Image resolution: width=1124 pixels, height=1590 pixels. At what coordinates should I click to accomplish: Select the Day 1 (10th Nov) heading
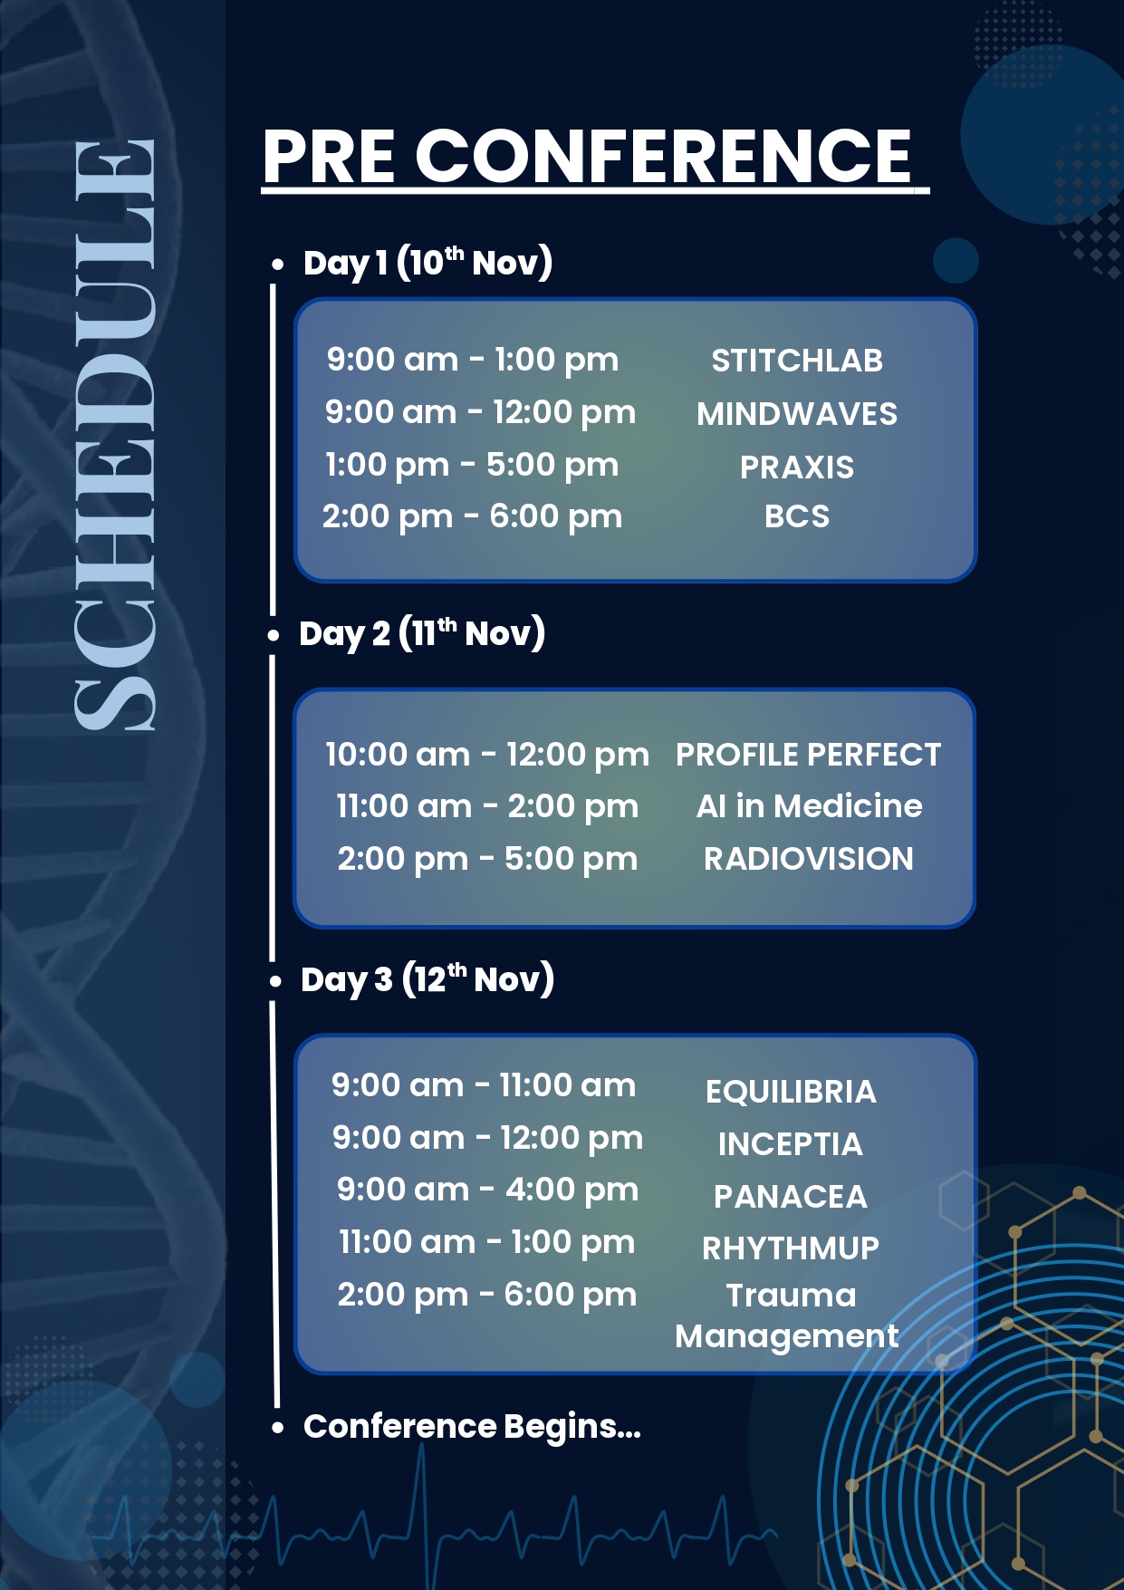tap(428, 263)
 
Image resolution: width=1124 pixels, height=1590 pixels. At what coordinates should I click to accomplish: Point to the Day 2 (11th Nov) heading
tap(422, 633)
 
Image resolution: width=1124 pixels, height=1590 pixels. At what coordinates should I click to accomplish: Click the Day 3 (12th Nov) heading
tap(428, 979)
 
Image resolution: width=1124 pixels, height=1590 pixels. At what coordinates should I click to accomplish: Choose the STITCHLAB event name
tap(797, 361)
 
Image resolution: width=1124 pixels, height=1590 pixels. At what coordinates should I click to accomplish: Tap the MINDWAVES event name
tap(797, 414)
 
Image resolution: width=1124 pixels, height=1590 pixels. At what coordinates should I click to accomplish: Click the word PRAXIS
tap(797, 467)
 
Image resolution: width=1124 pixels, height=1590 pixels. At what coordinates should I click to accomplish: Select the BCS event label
tap(797, 516)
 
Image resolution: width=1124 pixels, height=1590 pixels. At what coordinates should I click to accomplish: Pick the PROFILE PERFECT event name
tap(809, 755)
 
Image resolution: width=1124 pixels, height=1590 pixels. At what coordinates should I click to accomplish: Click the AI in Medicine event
tap(809, 806)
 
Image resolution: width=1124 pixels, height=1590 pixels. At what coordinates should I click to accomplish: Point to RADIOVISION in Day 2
tap(809, 859)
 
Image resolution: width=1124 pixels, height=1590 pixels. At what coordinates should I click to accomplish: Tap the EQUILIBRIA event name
tap(791, 1092)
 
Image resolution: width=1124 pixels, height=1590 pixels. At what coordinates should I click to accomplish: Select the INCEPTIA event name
tap(791, 1144)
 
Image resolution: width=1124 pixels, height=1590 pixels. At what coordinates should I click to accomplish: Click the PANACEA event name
tap(791, 1197)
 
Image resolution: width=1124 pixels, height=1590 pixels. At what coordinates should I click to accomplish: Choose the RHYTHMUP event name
tap(791, 1248)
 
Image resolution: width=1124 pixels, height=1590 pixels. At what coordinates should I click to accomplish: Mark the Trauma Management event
tap(787, 1316)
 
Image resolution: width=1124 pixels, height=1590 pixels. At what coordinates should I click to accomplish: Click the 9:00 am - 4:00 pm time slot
tap(487, 1190)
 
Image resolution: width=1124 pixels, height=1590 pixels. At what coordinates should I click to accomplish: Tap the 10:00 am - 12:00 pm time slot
tap(487, 755)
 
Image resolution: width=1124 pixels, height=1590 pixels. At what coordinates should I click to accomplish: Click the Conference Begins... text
tap(472, 1427)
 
